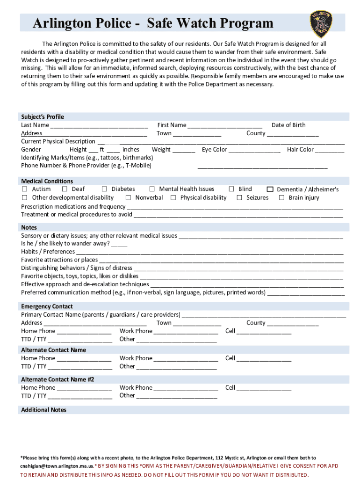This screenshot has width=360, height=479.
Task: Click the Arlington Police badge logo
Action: pos(321,24)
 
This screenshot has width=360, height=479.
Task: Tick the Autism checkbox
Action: pos(25,189)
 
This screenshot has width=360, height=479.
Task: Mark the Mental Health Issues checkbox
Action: pos(152,189)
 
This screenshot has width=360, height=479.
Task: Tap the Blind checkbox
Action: pos(231,189)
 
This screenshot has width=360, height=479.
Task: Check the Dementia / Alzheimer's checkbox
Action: pos(270,189)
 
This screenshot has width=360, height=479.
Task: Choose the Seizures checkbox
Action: pos(239,197)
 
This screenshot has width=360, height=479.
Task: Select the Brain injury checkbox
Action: pos(281,197)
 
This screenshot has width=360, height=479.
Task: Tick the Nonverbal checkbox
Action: pos(128,197)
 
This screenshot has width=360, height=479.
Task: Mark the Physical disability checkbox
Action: pos(173,197)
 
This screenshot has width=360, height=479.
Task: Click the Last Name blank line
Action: pos(99,126)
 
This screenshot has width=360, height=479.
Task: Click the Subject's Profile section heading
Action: pos(43,116)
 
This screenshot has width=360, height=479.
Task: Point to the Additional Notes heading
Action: pos(43,410)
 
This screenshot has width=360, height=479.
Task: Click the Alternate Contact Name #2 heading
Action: pos(58,379)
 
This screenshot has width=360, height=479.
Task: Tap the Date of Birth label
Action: pos(288,125)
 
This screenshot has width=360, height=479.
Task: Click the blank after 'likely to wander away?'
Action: pos(119,244)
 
